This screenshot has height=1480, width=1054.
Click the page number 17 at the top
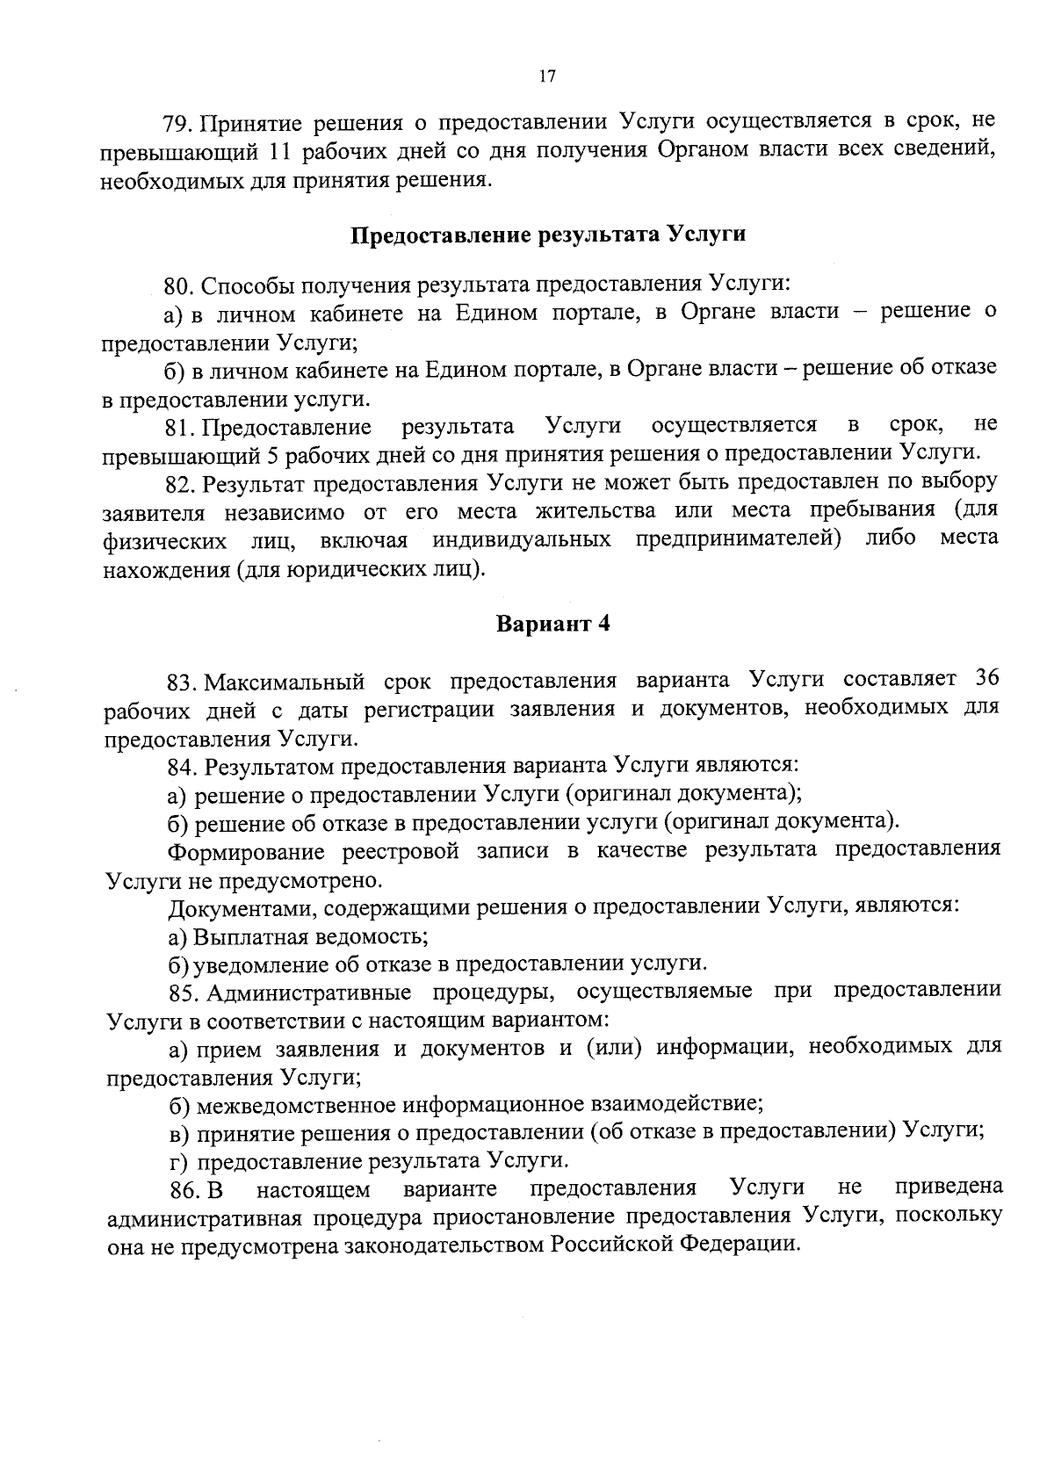[x=545, y=76]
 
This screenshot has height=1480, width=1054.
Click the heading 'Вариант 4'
[x=552, y=624]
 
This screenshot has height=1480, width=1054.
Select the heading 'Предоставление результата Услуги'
[x=549, y=235]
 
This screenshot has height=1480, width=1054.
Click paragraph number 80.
[x=178, y=285]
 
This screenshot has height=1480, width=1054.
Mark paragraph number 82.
[x=180, y=483]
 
